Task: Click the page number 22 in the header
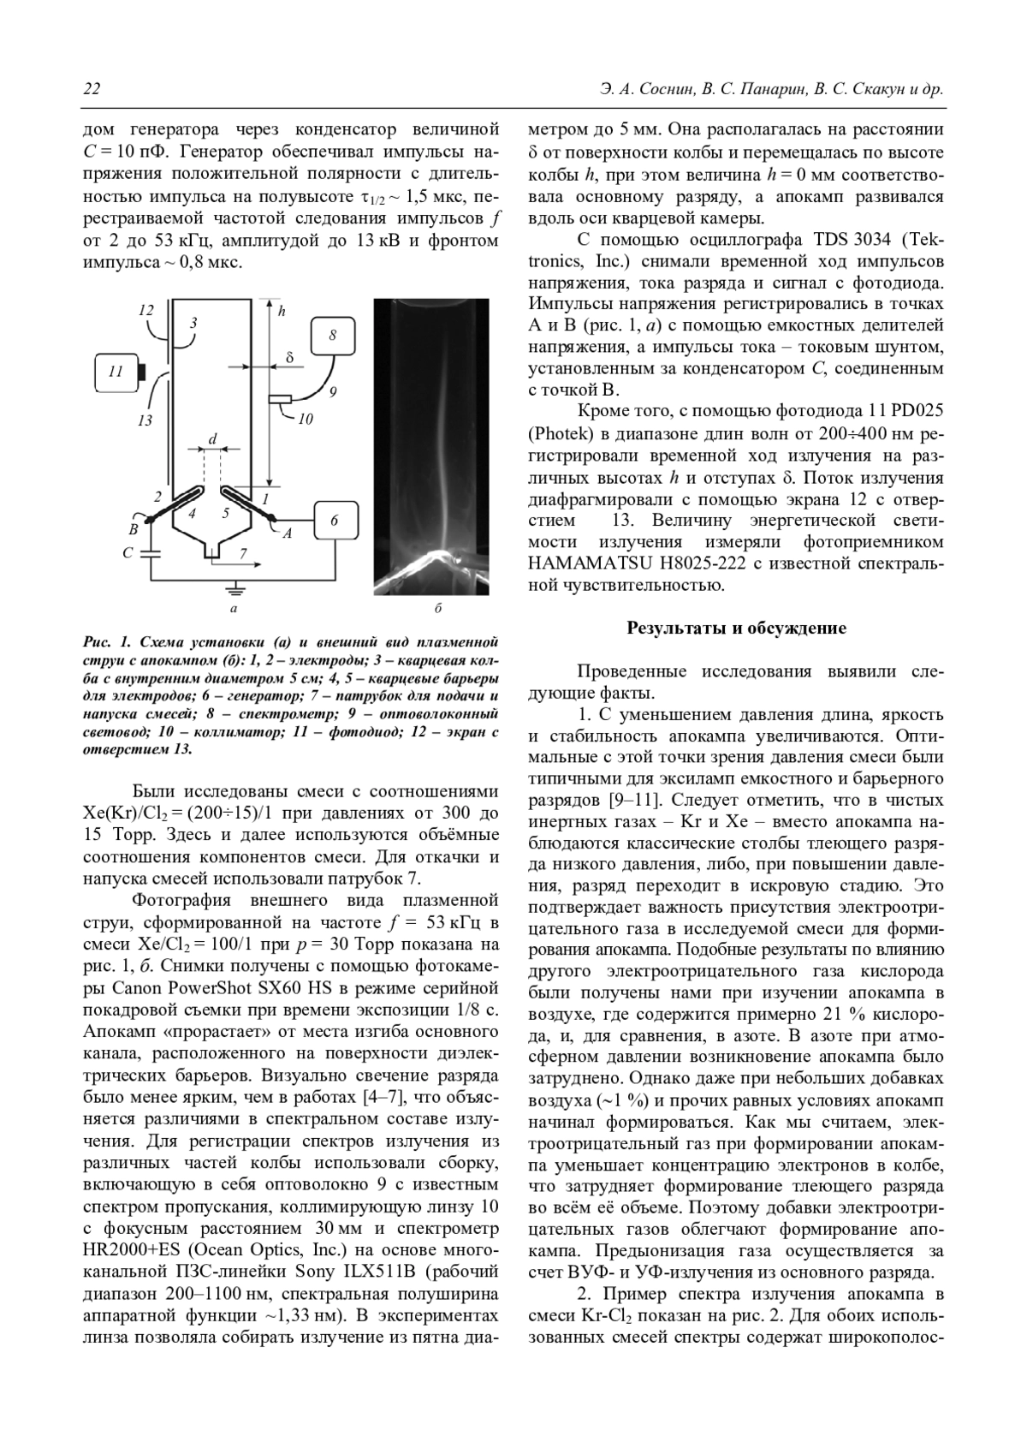91,90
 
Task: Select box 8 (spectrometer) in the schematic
333,335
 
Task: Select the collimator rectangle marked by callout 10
279,399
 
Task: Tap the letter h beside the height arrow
281,313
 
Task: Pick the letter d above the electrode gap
212,439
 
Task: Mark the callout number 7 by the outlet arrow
243,555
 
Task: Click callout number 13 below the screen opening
145,420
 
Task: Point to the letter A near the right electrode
288,533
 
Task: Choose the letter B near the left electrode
134,529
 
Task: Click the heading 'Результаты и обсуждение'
736,629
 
